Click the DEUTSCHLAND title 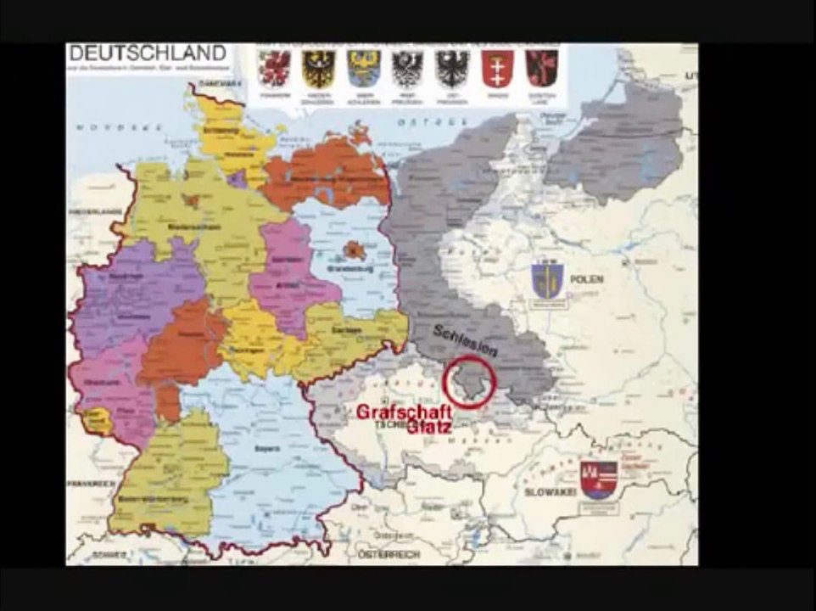click(147, 53)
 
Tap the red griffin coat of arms click(275, 68)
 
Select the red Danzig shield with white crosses click(497, 68)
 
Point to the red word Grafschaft click(393, 413)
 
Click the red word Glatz click(428, 429)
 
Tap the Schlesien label click(465, 339)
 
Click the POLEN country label click(586, 279)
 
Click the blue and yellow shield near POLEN click(547, 281)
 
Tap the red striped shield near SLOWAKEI click(598, 480)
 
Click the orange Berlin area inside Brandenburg click(355, 249)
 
